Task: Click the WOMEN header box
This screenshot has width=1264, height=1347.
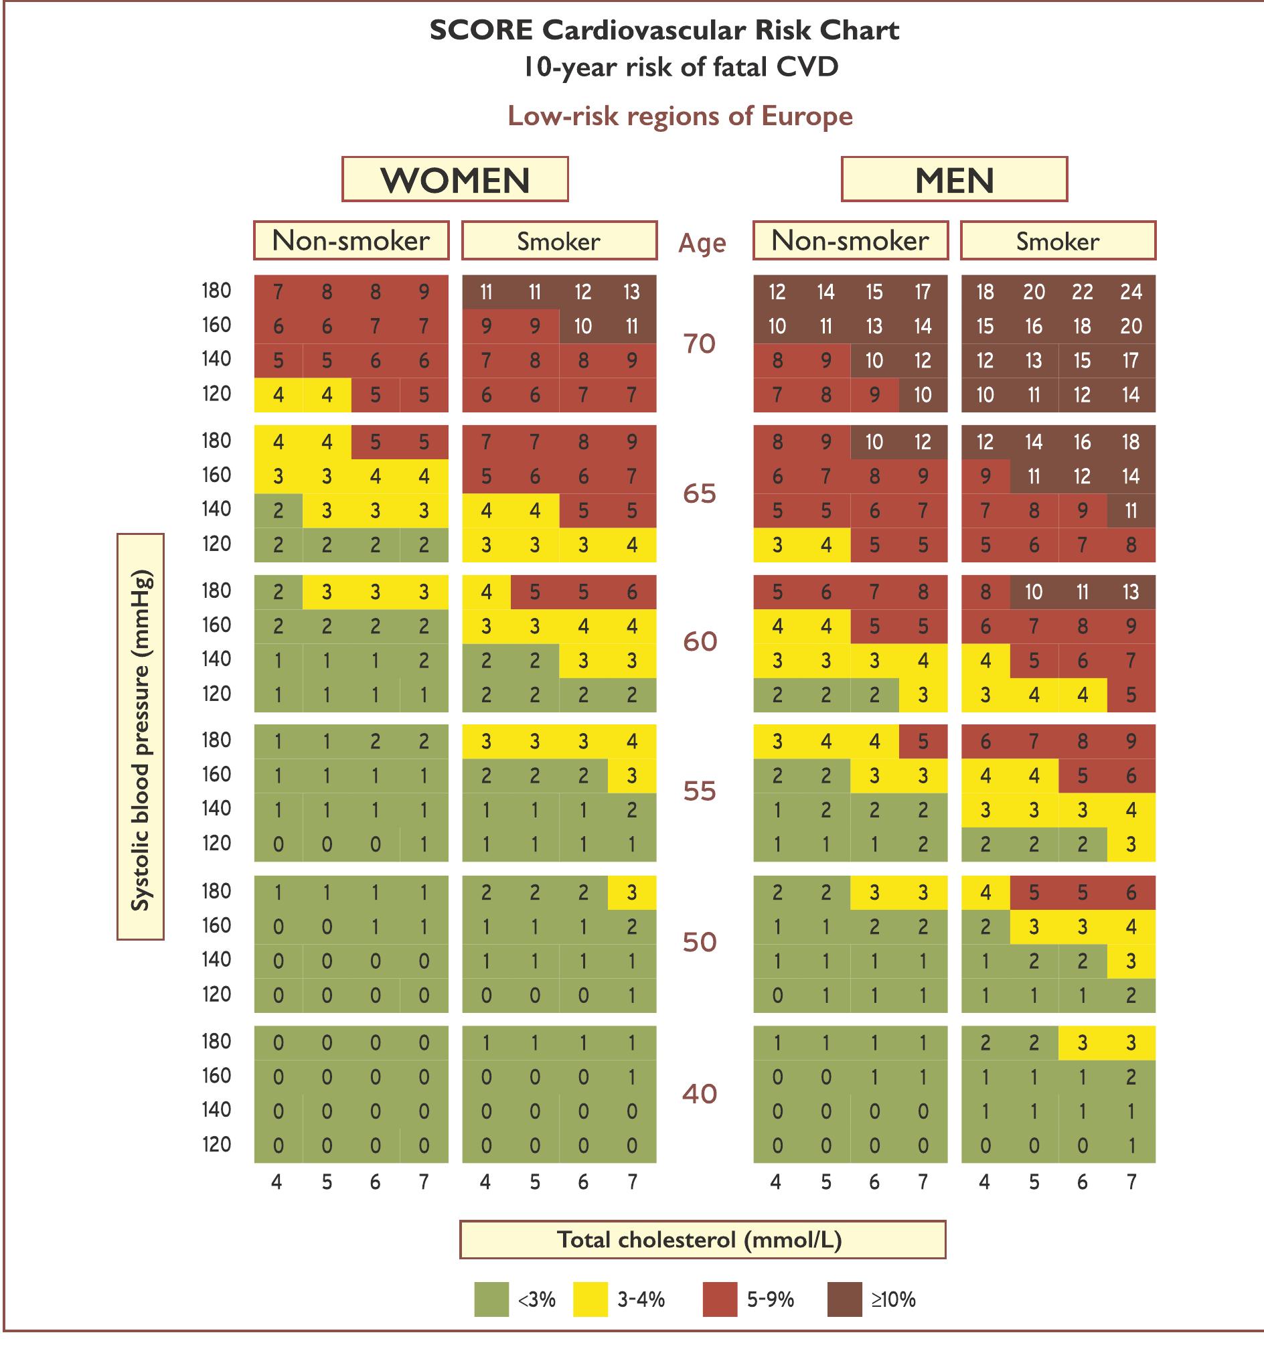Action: tap(455, 179)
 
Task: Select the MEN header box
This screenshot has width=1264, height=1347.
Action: tap(954, 179)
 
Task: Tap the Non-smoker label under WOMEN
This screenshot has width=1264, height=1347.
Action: tap(351, 240)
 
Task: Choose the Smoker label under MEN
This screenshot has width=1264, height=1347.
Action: tap(1058, 240)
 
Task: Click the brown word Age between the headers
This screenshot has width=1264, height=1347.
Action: tap(702, 242)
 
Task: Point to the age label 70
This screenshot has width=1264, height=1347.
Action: tap(700, 343)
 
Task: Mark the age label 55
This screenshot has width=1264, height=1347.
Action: tap(700, 791)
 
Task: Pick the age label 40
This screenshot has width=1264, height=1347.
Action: tap(700, 1093)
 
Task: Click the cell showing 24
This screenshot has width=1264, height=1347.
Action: tap(1131, 292)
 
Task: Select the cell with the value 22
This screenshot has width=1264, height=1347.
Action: tap(1083, 292)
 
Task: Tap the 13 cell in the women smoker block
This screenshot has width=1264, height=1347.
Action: tap(631, 292)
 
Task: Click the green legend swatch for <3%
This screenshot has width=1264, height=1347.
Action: tap(491, 1299)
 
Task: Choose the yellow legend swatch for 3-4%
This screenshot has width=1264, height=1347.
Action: tap(590, 1299)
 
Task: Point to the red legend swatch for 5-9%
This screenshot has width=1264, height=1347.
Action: tap(720, 1299)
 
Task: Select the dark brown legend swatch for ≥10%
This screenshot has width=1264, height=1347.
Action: tap(844, 1299)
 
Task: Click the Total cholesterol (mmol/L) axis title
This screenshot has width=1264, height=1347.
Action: tap(702, 1240)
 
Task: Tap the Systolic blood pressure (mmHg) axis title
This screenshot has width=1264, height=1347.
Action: tap(141, 736)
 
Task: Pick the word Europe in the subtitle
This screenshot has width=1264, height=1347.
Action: tap(807, 116)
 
